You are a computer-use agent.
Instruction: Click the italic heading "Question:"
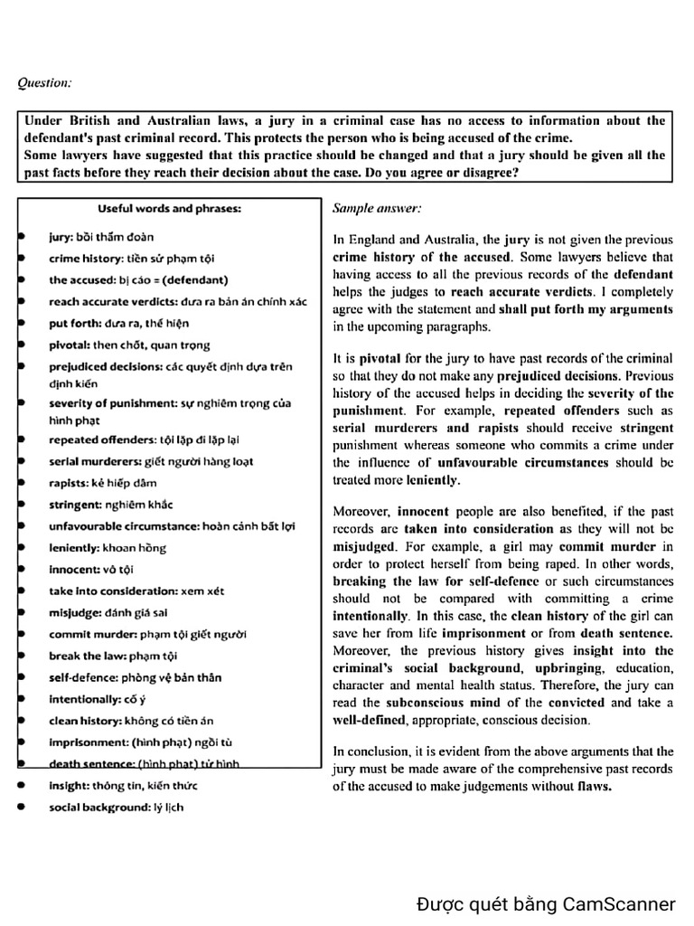tap(44, 83)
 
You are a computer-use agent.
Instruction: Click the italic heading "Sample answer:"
tap(377, 208)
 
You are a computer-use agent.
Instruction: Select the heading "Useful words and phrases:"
tap(169, 208)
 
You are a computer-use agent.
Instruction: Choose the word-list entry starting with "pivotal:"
tap(129, 345)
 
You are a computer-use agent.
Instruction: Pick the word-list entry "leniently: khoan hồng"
tap(108, 547)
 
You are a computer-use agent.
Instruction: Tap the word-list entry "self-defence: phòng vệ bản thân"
tap(135, 677)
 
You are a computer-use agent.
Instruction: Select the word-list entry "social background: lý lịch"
tap(116, 807)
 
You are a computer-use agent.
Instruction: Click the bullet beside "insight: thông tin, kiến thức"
tap(21, 785)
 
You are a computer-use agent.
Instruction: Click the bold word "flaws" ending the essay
tap(590, 786)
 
